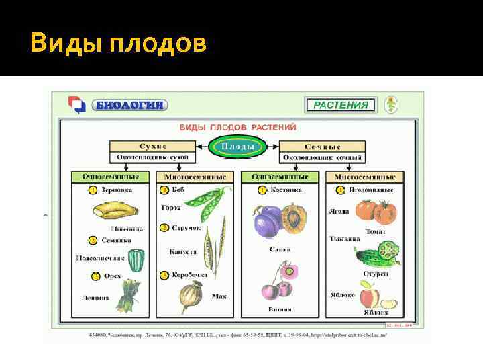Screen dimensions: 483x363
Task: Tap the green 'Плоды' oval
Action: pyautogui.click(x=237, y=146)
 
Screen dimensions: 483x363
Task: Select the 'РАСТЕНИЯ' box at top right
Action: pyautogui.click(x=341, y=105)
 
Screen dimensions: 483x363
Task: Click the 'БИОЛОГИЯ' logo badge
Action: pyautogui.click(x=128, y=105)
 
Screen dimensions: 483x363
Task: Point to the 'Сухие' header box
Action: pyautogui.click(x=153, y=146)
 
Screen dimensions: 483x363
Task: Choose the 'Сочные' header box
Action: pyautogui.click(x=323, y=146)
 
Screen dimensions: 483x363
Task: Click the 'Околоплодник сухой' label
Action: pyautogui.click(x=153, y=157)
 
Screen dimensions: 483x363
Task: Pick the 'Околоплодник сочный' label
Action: pyautogui.click(x=323, y=157)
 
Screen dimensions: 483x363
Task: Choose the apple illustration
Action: pyautogui.click(x=370, y=294)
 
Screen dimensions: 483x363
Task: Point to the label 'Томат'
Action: pyautogui.click(x=375, y=231)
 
